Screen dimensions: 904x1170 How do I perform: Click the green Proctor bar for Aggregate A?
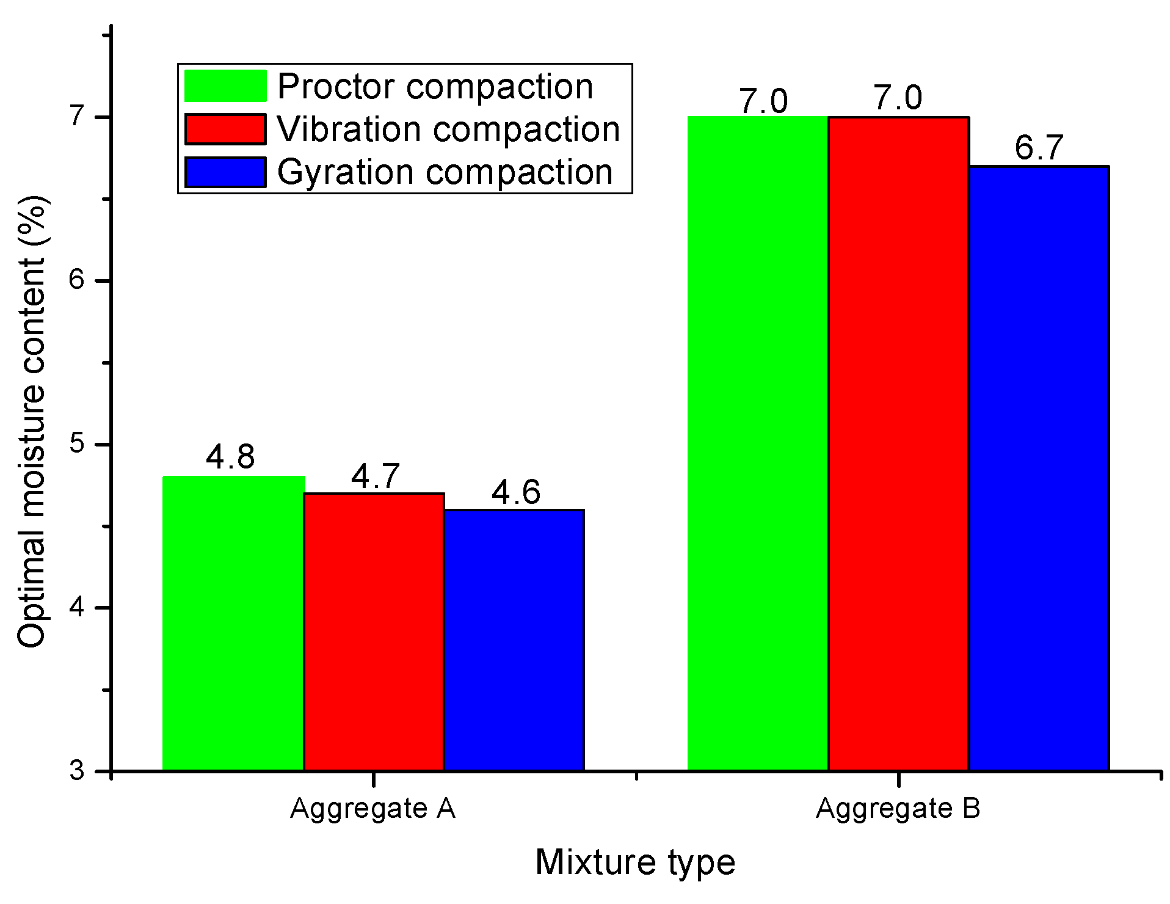click(x=233, y=623)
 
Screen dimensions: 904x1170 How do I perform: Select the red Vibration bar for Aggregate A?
click(x=374, y=632)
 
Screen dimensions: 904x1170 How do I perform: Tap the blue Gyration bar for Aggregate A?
click(x=514, y=640)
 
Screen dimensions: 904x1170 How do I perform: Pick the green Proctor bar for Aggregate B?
click(x=758, y=443)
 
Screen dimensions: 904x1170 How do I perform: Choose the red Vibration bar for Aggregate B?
click(x=898, y=443)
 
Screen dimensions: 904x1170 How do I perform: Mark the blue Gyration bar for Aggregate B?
click(x=1039, y=468)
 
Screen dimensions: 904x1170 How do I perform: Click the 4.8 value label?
click(x=230, y=456)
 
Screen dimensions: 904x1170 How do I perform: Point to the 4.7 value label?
click(x=375, y=476)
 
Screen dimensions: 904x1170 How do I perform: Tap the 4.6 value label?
click(x=516, y=492)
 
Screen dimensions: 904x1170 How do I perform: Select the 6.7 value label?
click(x=1039, y=148)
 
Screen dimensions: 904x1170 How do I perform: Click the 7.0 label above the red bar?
click(x=898, y=98)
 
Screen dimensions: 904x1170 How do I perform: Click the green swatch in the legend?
click(x=225, y=86)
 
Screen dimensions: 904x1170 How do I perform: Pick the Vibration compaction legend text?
click(x=448, y=129)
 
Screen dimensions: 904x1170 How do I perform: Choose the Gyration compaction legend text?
click(x=445, y=172)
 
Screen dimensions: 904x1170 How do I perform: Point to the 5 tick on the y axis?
click(x=77, y=444)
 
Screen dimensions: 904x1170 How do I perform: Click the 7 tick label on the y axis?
click(x=77, y=116)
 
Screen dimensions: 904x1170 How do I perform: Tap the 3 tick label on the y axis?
click(x=77, y=771)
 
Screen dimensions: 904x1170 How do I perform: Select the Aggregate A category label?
click(x=372, y=808)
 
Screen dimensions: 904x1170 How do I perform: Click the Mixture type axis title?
click(x=635, y=862)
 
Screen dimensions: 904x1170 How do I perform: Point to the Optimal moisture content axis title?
click(x=32, y=421)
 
